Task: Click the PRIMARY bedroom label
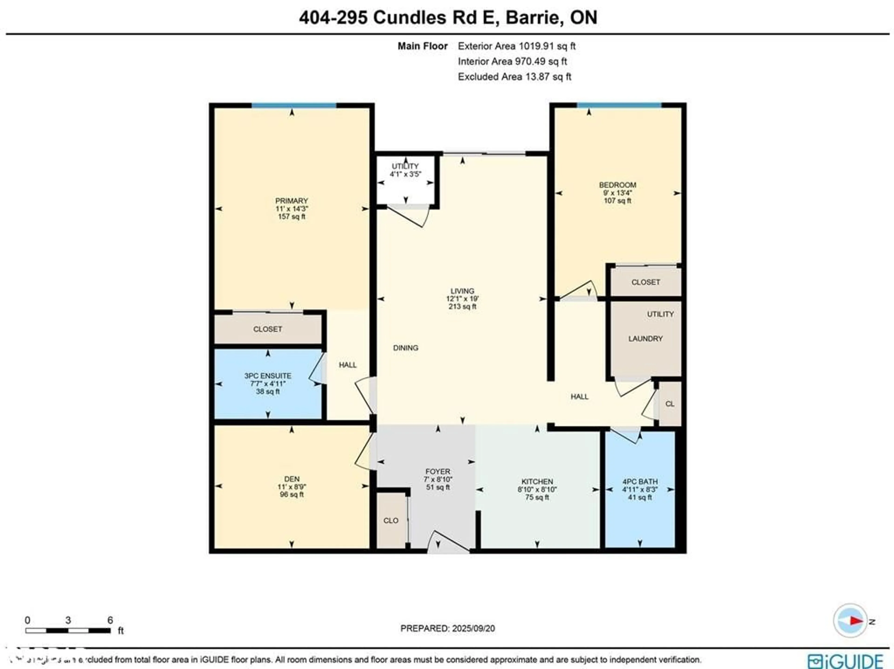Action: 291,201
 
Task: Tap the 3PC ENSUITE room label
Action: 268,376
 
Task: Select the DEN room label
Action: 291,479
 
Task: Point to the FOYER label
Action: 438,471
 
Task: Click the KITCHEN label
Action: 537,482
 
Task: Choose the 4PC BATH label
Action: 640,482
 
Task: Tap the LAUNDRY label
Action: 645,339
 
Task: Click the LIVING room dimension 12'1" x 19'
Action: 462,299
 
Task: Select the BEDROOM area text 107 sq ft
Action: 617,200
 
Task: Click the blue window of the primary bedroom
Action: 294,105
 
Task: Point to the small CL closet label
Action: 670,404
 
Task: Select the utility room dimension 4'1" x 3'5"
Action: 405,174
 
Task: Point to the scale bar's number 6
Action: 110,620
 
